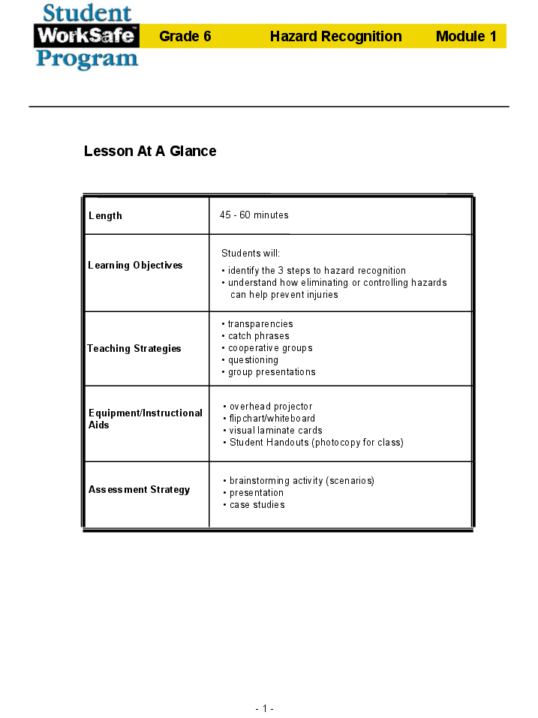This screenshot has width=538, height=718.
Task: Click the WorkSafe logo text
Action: point(86,35)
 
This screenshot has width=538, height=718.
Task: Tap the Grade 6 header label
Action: point(185,36)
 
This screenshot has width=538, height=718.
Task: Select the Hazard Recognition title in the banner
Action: point(335,36)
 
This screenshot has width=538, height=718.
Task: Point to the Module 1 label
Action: point(466,36)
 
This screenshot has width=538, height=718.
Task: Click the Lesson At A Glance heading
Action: point(150,151)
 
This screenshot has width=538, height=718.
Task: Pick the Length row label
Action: point(105,216)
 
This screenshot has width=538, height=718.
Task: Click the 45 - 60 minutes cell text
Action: point(254,215)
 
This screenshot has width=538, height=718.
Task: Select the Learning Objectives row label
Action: point(135,266)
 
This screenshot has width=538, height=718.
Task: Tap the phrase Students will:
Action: point(251,254)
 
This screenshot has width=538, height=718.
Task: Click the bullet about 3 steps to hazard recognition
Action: point(317,271)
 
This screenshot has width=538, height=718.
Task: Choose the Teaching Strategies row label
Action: point(134,349)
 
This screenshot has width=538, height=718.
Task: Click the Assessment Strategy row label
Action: point(139,490)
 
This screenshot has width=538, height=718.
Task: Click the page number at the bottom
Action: point(264,709)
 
